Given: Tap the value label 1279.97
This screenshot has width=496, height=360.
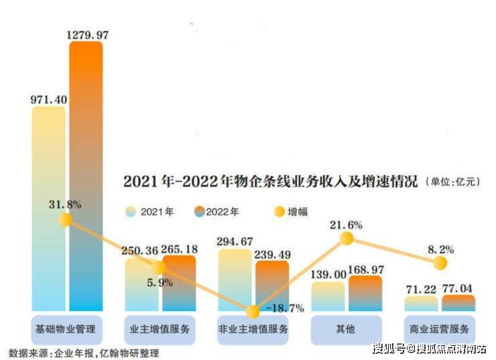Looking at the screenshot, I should (x=86, y=32).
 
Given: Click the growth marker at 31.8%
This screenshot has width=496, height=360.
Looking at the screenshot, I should (x=65, y=219).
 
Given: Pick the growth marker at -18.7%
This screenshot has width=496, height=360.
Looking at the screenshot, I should (x=253, y=312).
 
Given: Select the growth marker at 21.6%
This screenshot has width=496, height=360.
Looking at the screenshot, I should (x=347, y=237).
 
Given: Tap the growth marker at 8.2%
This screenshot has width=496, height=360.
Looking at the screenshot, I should (x=440, y=263).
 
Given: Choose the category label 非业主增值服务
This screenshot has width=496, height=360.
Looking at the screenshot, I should (x=253, y=330).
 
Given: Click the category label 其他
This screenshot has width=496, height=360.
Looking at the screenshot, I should (x=347, y=330).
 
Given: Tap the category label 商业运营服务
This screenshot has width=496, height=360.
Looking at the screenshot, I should (x=440, y=330).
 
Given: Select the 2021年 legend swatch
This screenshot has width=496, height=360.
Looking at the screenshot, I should (x=132, y=212).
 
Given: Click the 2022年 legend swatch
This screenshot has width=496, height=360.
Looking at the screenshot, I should (x=197, y=212).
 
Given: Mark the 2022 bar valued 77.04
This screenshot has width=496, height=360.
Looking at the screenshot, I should (x=458, y=303).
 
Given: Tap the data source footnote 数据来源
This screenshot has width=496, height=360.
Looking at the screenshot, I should (x=84, y=353).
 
